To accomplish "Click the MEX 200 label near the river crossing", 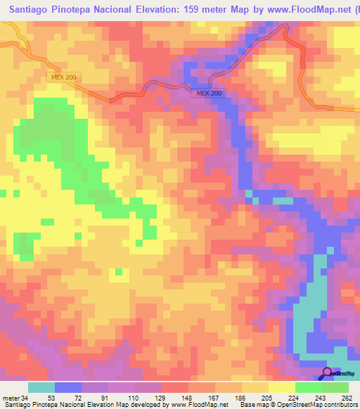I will (209, 93).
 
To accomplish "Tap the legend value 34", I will (23, 397).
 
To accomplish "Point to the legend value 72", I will (67, 397).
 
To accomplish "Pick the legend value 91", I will (94, 397).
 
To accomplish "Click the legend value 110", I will (121, 397).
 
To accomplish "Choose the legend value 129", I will (148, 397).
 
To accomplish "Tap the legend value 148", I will (174, 397).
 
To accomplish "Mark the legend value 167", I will (201, 397).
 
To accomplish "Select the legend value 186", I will (228, 397).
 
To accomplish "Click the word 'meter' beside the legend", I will (10, 397).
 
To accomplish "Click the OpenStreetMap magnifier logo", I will (328, 374).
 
